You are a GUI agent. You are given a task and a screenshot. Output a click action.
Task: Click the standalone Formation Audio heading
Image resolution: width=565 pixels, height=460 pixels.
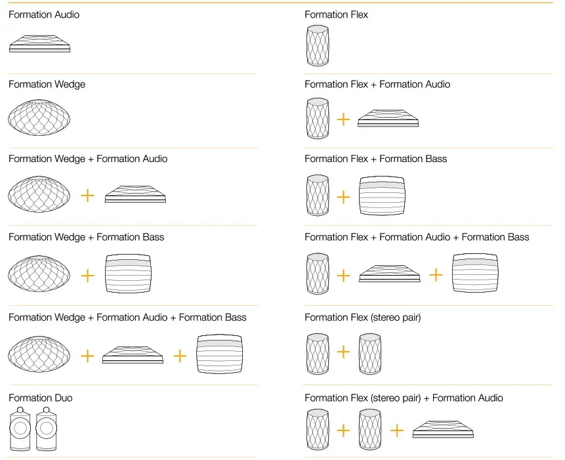point(44,14)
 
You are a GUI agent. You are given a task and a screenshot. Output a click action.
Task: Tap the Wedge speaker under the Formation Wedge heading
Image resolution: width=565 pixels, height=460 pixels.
point(39,118)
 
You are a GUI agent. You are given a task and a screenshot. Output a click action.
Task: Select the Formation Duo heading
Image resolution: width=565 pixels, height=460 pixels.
point(41,398)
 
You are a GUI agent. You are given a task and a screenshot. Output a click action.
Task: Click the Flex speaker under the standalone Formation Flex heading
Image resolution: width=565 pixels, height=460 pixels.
point(318,46)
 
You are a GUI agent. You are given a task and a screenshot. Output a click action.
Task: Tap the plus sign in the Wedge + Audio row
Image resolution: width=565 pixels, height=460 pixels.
point(87,196)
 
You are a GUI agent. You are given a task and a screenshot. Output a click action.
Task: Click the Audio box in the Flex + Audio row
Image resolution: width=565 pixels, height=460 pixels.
point(388,119)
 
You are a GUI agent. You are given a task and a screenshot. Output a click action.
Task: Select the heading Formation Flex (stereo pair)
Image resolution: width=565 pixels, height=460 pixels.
point(362,318)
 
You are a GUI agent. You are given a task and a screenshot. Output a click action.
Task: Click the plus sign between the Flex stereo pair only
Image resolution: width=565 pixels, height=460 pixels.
point(343,352)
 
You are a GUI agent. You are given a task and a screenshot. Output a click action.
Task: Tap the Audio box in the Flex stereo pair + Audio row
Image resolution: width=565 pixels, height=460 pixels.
point(443,430)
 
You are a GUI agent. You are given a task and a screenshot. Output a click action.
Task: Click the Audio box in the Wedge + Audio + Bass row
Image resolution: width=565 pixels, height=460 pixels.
point(133,355)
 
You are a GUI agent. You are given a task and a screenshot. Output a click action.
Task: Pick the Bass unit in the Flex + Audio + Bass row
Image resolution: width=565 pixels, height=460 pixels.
point(476,274)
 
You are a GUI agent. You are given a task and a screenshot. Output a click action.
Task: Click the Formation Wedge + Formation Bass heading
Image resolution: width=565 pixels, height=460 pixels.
point(86,237)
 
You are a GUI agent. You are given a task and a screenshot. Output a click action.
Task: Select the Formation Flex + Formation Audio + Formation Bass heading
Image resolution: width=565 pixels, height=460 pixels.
point(417,237)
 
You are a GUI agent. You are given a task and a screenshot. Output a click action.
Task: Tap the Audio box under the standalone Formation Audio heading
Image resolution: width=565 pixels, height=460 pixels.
point(39,44)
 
